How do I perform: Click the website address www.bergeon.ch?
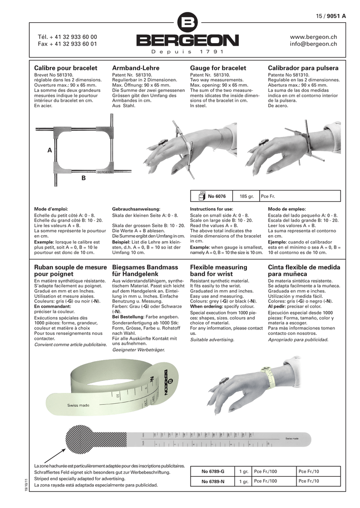pyautogui.click(x=313, y=37)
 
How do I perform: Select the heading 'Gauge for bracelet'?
pyautogui.click(x=218, y=68)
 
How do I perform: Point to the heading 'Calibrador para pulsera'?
pyautogui.click(x=303, y=68)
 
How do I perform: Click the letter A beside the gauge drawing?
pyautogui.click(x=50, y=150)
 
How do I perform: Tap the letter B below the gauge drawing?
pyautogui.click(x=83, y=177)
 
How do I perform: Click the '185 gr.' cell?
pyautogui.click(x=247, y=197)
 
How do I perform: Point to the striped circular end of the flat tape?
pyautogui.click(x=79, y=438)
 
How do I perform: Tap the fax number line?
pyautogui.click(x=68, y=44)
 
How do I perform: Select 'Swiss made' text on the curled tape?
pyautogui.click(x=78, y=405)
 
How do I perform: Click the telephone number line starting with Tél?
pyautogui.click(x=68, y=37)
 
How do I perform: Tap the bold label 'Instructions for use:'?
pyautogui.click(x=212, y=209)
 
